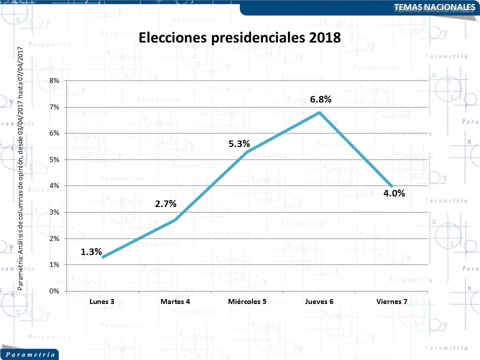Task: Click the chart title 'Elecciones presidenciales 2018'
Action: (239, 38)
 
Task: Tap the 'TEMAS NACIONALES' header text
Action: (434, 7)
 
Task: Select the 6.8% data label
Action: (320, 99)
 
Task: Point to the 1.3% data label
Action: (91, 252)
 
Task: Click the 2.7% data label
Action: (165, 204)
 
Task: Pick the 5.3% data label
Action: (239, 144)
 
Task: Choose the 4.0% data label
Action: (394, 193)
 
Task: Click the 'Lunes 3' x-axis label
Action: (102, 301)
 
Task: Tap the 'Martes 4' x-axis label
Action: (175, 301)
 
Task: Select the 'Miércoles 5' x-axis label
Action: (247, 301)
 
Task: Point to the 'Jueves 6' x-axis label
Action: (319, 301)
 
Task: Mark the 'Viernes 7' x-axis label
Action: (391, 301)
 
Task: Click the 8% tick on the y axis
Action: (54, 80)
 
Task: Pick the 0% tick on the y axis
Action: (54, 291)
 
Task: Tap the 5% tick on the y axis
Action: (54, 159)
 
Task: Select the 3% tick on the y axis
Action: (54, 212)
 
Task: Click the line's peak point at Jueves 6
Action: (319, 112)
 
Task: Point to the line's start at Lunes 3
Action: (102, 257)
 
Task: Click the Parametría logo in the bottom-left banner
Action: (29, 354)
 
